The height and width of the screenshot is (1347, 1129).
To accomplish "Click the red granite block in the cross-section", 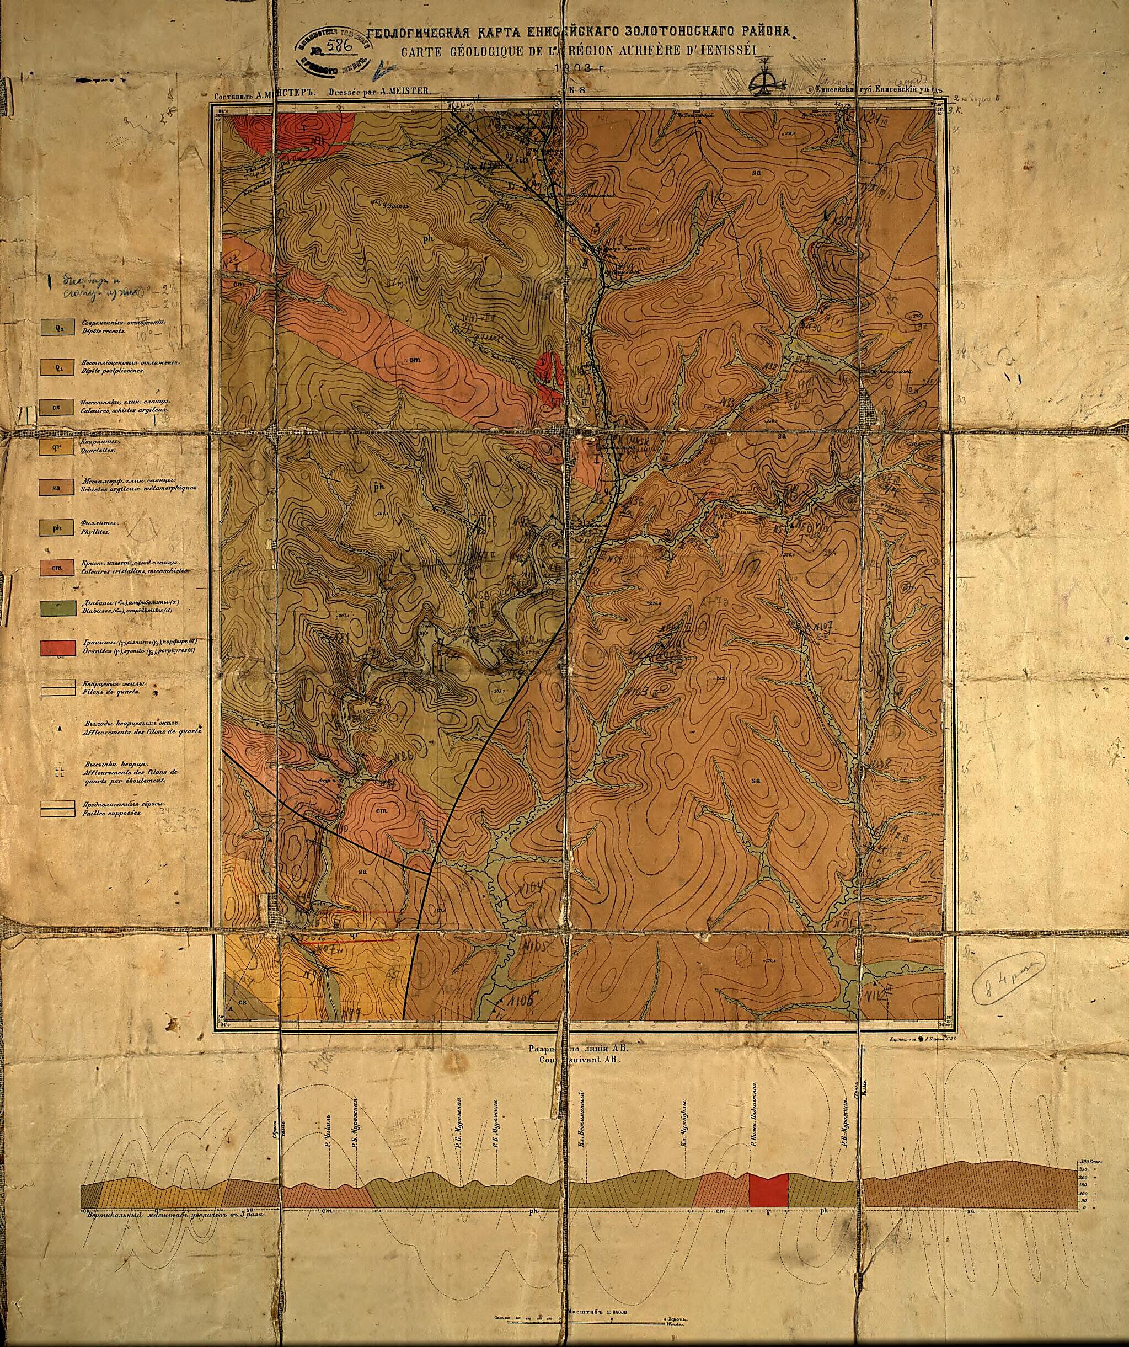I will click(x=768, y=1190).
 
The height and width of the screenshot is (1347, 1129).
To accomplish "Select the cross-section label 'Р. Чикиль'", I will click(x=328, y=1134).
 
